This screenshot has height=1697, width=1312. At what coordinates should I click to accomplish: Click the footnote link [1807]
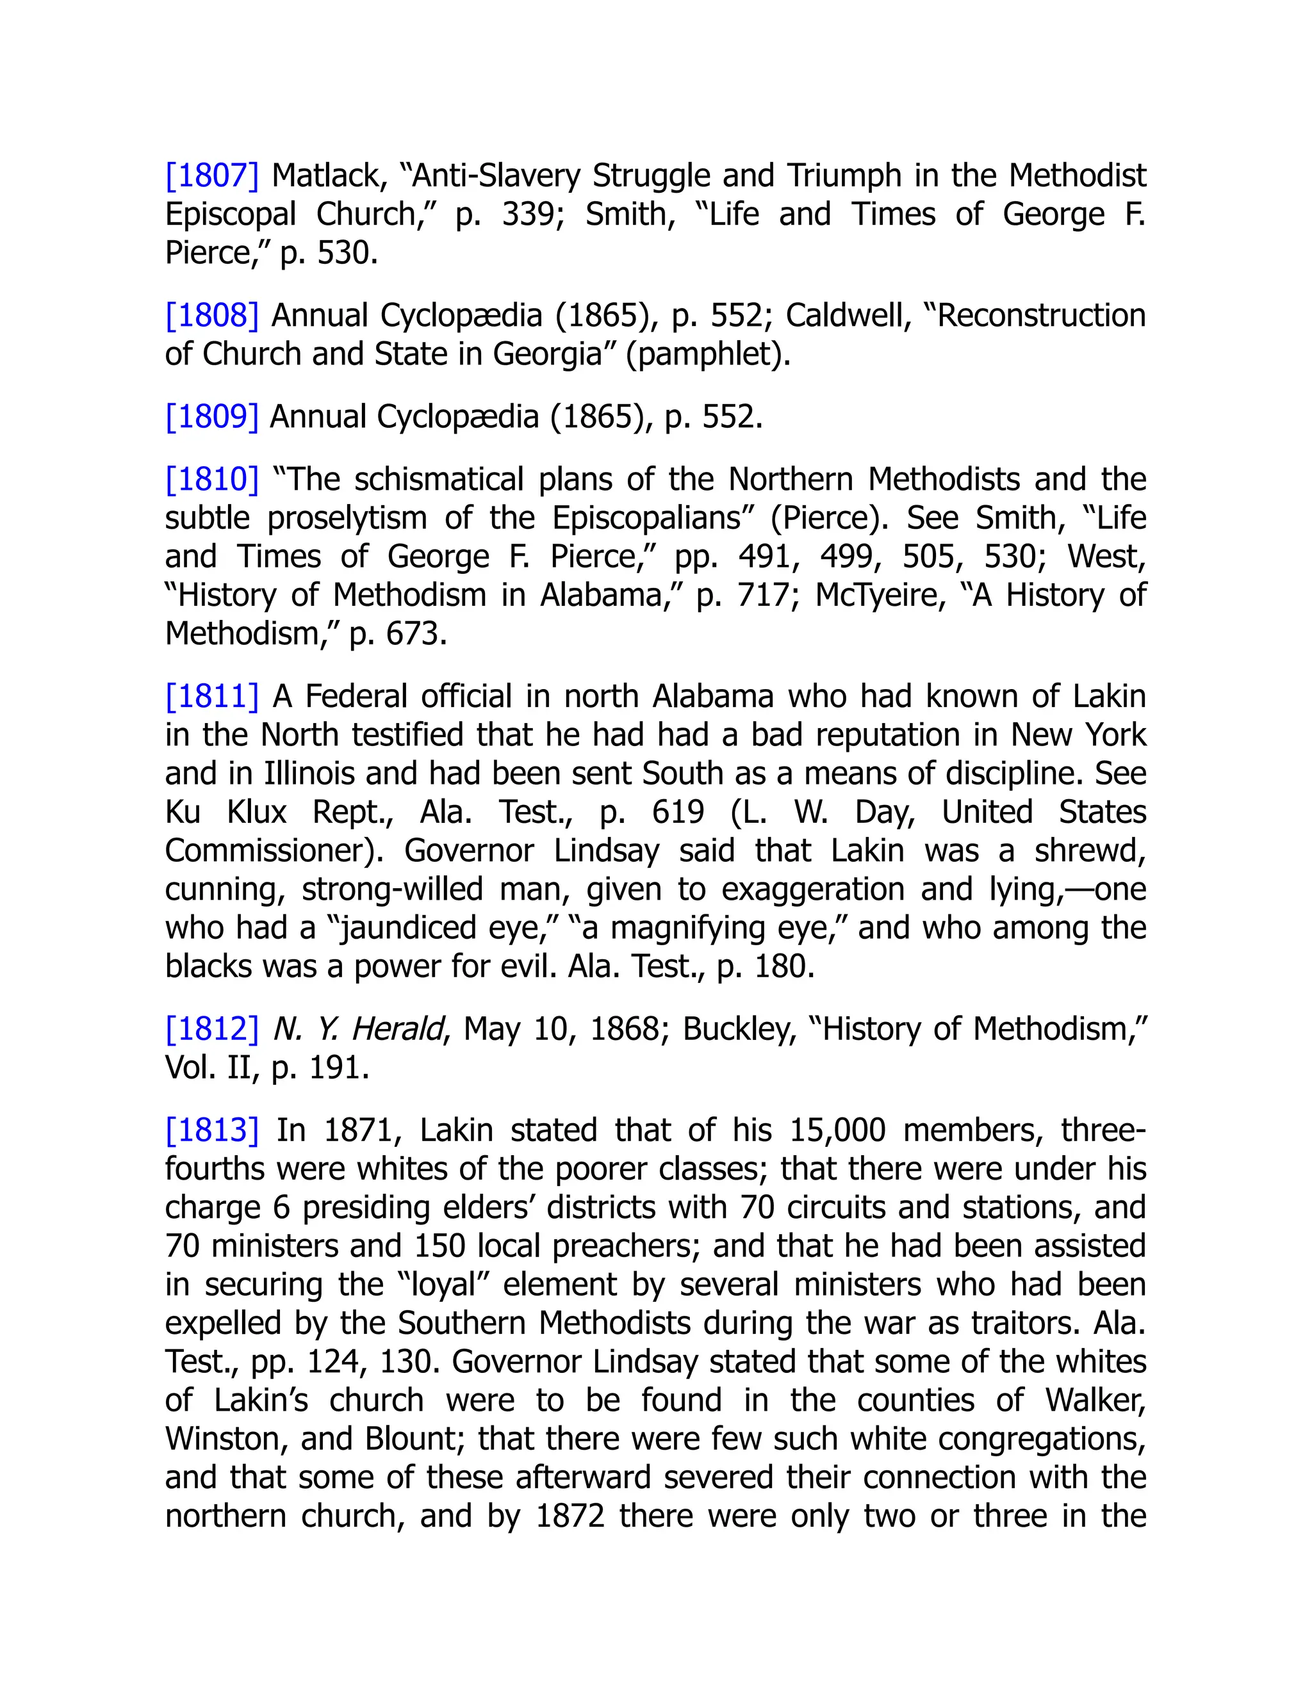tap(211, 175)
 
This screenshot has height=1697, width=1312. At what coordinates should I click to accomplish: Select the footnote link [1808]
tap(211, 316)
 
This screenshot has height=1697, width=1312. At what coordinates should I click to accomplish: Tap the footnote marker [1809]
tap(211, 418)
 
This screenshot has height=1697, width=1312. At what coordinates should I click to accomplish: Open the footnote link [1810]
tap(211, 480)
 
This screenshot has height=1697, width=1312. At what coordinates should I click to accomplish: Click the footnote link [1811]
tap(211, 696)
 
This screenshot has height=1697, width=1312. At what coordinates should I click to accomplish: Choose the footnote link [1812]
tap(211, 1029)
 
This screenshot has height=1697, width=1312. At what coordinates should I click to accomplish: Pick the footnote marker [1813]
tap(211, 1130)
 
